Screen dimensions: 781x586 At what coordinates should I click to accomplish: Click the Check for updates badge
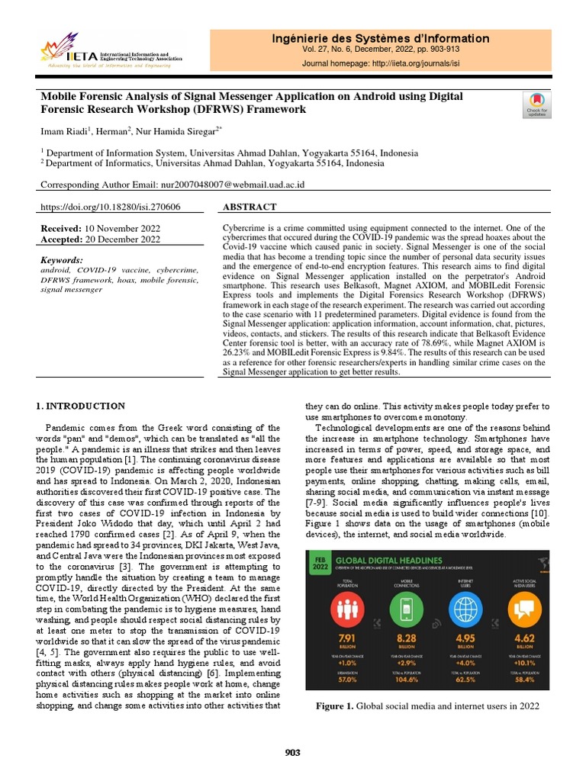point(537,104)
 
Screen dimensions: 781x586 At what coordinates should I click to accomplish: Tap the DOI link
point(110,207)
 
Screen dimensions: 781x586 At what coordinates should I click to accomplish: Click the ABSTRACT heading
point(250,207)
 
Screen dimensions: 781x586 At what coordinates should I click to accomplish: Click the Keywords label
point(62,260)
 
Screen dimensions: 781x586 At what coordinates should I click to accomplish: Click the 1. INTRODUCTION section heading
point(82,406)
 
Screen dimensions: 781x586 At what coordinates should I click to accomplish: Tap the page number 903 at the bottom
point(292,753)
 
